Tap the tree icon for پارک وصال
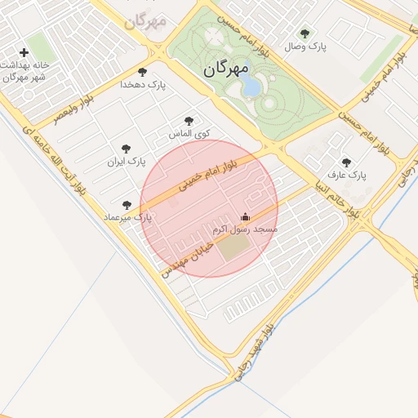click(305, 33)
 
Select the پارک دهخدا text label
click(143, 84)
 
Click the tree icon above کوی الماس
click(189, 120)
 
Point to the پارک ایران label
click(126, 162)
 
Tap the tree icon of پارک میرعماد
click(126, 205)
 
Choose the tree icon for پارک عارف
click(347, 162)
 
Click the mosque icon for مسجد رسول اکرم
click(245, 217)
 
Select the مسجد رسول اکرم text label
click(245, 230)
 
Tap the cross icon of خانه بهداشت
click(24, 53)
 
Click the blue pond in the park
click(252, 85)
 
